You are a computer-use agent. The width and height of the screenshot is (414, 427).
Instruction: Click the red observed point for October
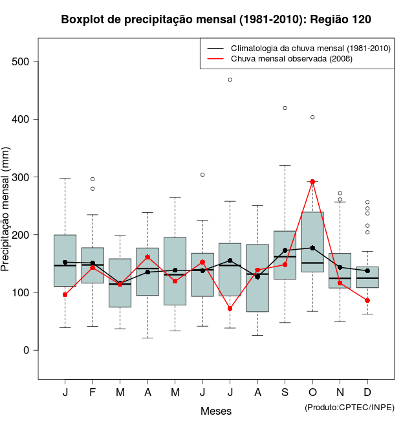(312, 182)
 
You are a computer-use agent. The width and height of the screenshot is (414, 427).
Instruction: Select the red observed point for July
(230, 309)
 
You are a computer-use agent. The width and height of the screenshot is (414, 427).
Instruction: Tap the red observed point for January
(65, 294)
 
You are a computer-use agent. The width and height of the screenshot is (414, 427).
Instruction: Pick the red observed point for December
(367, 300)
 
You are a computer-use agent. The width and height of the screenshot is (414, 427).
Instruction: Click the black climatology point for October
(312, 248)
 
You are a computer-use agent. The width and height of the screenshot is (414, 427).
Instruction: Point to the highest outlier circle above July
(230, 80)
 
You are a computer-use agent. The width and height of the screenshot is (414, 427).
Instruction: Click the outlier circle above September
(285, 108)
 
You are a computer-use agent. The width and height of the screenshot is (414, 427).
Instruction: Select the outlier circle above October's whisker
(312, 117)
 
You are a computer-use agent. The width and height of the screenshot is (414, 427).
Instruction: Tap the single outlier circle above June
(202, 175)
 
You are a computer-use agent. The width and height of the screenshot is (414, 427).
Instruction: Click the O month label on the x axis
(312, 393)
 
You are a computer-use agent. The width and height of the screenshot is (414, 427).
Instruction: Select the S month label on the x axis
(285, 393)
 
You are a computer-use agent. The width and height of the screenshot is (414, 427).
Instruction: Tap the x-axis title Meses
(216, 411)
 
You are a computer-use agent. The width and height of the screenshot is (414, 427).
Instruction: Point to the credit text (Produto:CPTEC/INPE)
(349, 407)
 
